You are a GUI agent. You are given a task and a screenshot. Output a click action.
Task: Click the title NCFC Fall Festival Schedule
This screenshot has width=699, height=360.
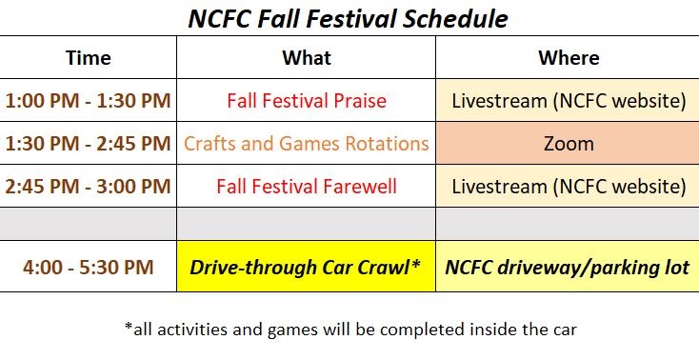coord(349,18)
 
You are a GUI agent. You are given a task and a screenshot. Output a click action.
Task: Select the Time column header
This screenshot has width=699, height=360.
coord(88,58)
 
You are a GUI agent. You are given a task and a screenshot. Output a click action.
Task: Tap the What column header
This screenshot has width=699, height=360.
coord(307,58)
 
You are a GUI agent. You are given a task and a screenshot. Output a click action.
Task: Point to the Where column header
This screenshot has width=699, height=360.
coord(569,58)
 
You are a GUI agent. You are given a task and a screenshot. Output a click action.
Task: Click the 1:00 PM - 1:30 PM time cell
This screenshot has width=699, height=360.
coord(88,100)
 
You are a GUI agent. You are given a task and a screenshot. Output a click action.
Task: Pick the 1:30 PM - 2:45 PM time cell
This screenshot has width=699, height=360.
coord(88,144)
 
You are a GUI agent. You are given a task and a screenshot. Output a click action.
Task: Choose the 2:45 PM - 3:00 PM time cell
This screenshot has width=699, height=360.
coord(88,186)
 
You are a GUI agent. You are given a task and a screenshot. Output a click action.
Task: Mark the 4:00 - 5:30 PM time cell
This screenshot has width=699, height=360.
coord(88,267)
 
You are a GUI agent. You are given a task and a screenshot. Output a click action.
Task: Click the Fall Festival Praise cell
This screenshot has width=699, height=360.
coord(307,100)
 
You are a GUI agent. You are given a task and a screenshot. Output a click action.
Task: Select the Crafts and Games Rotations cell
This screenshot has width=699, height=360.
coord(307,144)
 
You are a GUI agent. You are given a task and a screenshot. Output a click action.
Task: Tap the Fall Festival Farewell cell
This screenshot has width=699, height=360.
coord(307,186)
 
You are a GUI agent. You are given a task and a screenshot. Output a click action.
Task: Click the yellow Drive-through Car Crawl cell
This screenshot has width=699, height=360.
coord(307,267)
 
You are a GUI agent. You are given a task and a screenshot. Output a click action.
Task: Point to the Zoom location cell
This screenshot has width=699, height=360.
coord(569,144)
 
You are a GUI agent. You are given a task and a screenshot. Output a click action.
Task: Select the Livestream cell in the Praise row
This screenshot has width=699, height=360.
coord(569,100)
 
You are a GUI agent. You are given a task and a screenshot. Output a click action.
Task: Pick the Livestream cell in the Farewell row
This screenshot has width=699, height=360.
coord(569,186)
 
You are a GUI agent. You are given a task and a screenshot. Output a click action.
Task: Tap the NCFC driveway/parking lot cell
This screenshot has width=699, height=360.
coord(569,267)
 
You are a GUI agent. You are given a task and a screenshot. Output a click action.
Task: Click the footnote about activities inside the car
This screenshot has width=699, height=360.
coord(350,330)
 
